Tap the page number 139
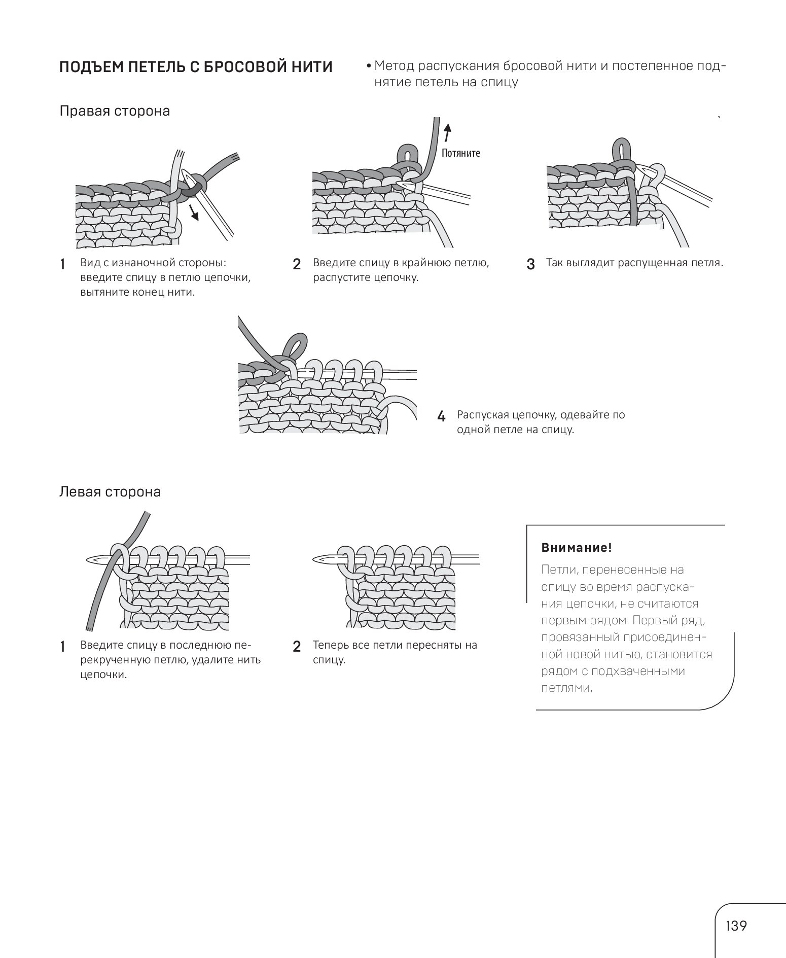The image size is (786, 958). click(736, 926)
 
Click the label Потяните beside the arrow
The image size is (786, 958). click(460, 153)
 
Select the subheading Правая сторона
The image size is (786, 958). click(115, 111)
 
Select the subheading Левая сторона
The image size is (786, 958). click(110, 491)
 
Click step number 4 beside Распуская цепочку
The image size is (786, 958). click(441, 417)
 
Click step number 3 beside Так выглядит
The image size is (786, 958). click(531, 264)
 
